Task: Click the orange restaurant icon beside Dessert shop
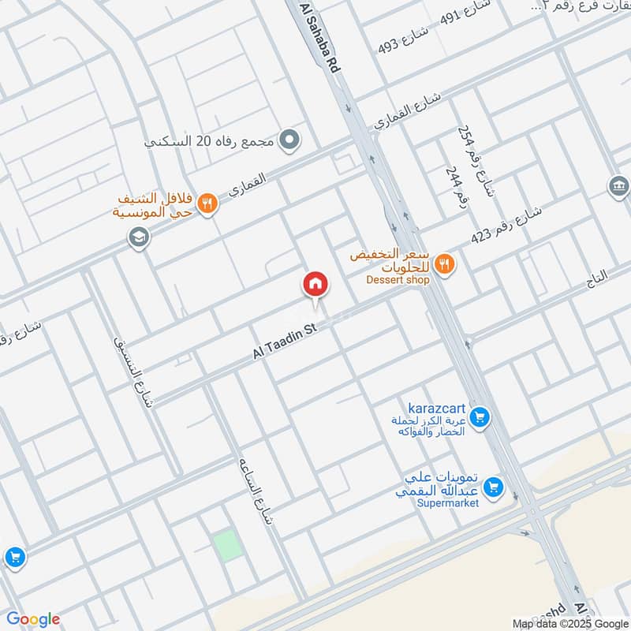point(445,265)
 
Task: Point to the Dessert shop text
point(398,280)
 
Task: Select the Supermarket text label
point(449,503)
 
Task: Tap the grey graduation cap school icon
point(139,237)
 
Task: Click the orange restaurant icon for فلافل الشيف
point(207,203)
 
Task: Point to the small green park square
point(226,546)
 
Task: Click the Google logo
point(32,619)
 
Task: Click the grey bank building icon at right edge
point(619,187)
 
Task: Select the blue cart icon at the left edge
point(14,557)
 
